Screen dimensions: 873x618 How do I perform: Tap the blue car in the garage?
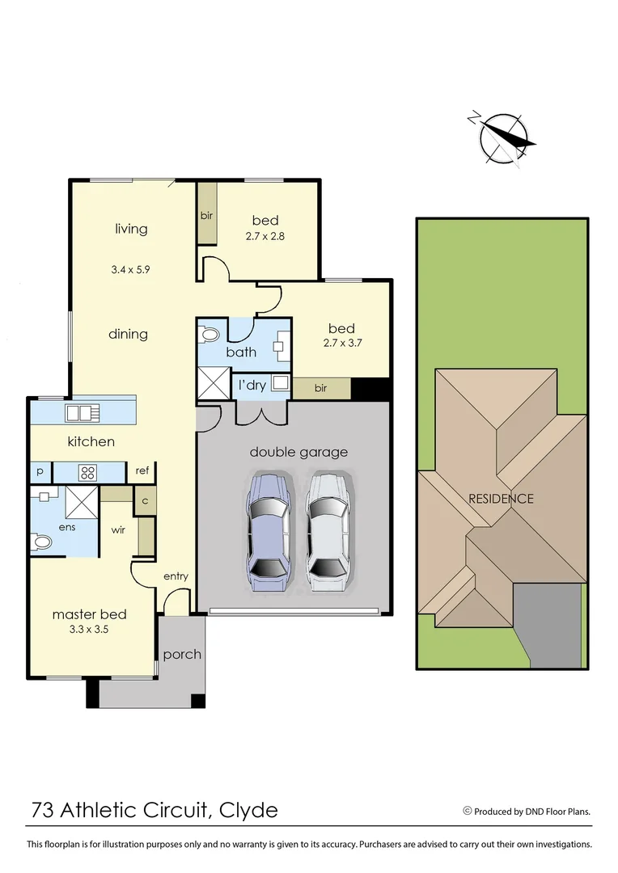tap(268, 534)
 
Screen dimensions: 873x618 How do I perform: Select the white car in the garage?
tap(328, 534)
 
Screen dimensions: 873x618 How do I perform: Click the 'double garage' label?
tap(298, 452)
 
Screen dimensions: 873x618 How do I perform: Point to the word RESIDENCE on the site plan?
tap(501, 499)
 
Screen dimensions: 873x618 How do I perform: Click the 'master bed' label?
tap(89, 614)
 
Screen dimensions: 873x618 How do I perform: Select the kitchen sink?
tap(83, 413)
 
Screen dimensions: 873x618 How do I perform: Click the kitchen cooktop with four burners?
tap(87, 472)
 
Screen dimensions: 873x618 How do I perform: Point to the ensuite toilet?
tap(42, 542)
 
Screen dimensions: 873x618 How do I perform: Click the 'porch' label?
tap(182, 654)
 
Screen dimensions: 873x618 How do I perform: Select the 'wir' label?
tap(117, 531)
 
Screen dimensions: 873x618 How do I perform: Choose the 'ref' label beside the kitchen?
tap(142, 470)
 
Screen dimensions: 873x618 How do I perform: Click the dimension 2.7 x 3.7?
tap(341, 343)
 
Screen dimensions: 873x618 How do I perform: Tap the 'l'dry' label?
tap(252, 385)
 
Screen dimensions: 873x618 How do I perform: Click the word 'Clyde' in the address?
tap(248, 810)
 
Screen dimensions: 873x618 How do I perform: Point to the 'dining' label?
tap(128, 334)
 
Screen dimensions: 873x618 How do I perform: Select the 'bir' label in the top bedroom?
tap(206, 216)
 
